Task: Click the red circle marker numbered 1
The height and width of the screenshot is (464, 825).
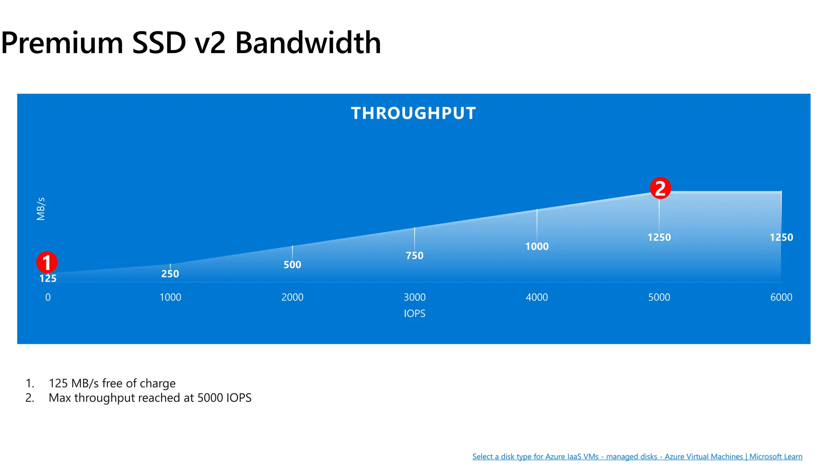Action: [x=47, y=262]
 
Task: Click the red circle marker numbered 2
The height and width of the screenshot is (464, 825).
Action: [x=660, y=188]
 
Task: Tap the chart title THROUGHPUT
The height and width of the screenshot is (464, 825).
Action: [x=413, y=113]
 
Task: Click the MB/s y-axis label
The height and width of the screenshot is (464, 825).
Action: [x=41, y=209]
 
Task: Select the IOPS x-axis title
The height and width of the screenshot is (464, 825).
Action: [x=415, y=313]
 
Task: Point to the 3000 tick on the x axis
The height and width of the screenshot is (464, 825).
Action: [x=415, y=297]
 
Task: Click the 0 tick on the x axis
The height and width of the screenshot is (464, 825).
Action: [x=48, y=297]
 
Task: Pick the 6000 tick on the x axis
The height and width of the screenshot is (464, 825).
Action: [x=781, y=297]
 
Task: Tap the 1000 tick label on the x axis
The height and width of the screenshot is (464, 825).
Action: [x=170, y=297]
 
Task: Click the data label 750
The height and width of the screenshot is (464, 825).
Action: [x=415, y=256]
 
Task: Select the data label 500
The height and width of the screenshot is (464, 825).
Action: [x=292, y=265]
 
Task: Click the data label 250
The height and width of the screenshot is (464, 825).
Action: [x=170, y=274]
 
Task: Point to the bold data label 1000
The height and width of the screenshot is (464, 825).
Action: [x=537, y=246]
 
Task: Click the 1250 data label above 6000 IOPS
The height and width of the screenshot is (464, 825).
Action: [x=781, y=237]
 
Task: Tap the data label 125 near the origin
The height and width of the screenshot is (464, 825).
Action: [x=48, y=278]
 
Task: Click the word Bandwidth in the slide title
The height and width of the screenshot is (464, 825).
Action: [x=308, y=43]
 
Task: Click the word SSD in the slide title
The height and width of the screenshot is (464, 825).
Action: [x=159, y=43]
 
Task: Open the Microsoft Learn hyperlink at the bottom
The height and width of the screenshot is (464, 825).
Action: [x=637, y=456]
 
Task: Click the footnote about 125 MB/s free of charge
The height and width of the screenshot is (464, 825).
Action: [x=112, y=383]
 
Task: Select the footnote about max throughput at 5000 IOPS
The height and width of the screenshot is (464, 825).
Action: [x=150, y=398]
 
